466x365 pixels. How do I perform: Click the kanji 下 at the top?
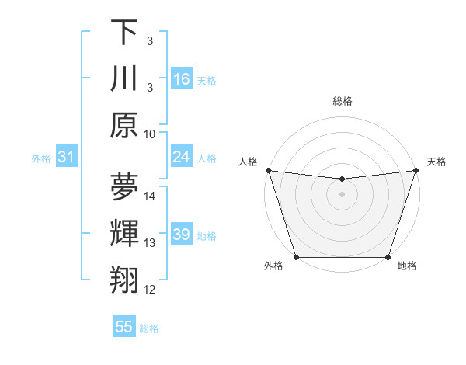click(124, 33)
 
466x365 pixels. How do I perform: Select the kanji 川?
click(124, 78)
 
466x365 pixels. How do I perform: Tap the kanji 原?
click(124, 124)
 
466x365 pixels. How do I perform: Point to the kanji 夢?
click(124, 187)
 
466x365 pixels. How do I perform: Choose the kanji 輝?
click(124, 234)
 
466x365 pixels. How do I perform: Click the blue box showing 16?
click(182, 78)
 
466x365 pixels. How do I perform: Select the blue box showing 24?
click(182, 157)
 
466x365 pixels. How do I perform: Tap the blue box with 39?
click(182, 235)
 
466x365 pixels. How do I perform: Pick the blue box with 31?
click(67, 158)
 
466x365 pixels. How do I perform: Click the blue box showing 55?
click(124, 327)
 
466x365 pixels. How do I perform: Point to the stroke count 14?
click(151, 196)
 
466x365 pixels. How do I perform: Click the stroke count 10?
click(151, 133)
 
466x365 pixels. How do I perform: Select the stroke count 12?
click(151, 289)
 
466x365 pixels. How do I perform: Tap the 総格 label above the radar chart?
click(342, 101)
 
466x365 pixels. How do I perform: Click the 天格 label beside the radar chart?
click(436, 162)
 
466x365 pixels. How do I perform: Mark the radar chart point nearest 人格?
click(268, 170)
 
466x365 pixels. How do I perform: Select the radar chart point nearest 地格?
click(388, 257)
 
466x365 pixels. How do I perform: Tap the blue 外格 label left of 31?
click(41, 158)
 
